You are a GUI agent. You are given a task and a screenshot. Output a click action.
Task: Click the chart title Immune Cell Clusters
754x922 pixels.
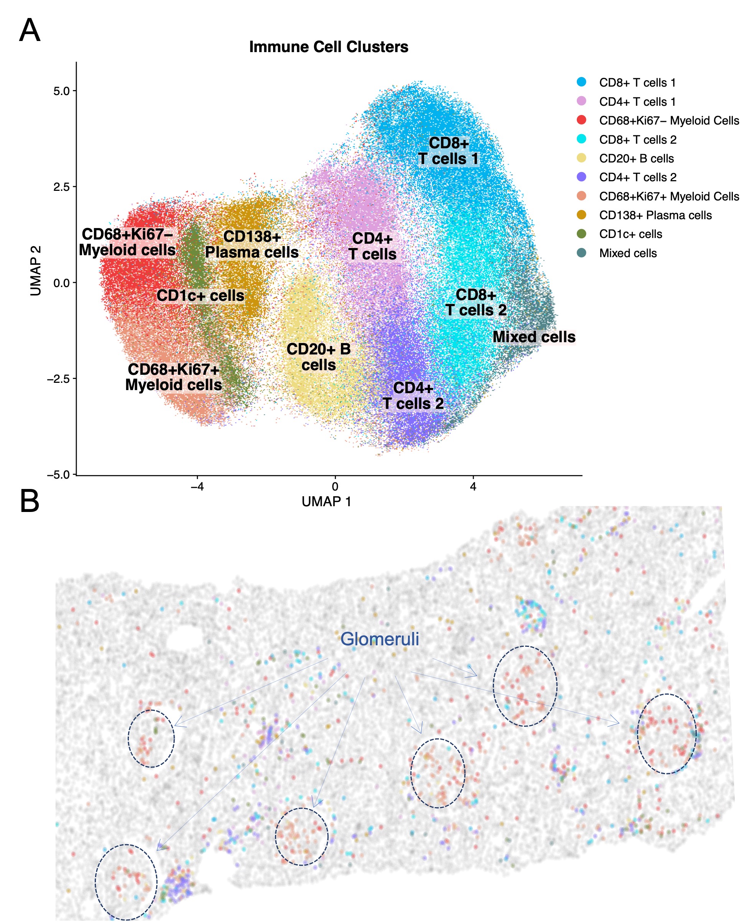pyautogui.click(x=328, y=47)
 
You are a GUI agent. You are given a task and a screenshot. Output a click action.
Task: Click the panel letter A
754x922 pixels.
pyautogui.click(x=30, y=30)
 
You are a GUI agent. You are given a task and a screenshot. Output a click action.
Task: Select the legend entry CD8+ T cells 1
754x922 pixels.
pyautogui.click(x=637, y=82)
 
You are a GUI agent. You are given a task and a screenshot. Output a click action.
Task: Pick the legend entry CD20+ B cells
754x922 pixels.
pyautogui.click(x=636, y=158)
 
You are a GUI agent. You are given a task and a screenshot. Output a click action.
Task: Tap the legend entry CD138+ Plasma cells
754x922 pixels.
pyautogui.click(x=655, y=215)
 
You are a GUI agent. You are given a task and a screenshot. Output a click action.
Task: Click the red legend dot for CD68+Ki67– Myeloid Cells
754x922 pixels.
pyautogui.click(x=581, y=120)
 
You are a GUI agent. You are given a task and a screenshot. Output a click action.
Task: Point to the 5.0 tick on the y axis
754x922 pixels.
pyautogui.click(x=61, y=91)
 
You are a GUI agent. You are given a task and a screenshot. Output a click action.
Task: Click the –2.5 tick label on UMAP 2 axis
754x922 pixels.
pyautogui.click(x=58, y=379)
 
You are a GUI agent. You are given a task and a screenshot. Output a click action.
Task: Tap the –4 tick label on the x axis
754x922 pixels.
pyautogui.click(x=197, y=486)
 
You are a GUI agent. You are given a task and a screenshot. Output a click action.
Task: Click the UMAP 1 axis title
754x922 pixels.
pyautogui.click(x=326, y=502)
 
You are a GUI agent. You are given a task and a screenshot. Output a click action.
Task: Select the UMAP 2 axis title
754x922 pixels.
pyautogui.click(x=36, y=271)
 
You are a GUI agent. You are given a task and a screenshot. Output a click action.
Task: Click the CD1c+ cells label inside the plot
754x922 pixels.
pyautogui.click(x=200, y=295)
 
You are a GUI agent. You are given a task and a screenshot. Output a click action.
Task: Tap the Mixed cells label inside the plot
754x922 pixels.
pyautogui.click(x=534, y=337)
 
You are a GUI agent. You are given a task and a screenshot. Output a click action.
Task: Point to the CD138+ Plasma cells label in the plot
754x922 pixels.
pyautogui.click(x=252, y=244)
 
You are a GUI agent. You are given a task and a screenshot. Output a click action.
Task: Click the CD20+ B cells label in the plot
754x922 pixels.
pyautogui.click(x=318, y=357)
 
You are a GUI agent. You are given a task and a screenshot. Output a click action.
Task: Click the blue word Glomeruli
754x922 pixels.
pyautogui.click(x=380, y=638)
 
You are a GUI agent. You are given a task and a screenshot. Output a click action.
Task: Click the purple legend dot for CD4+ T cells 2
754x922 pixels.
pyautogui.click(x=581, y=177)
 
